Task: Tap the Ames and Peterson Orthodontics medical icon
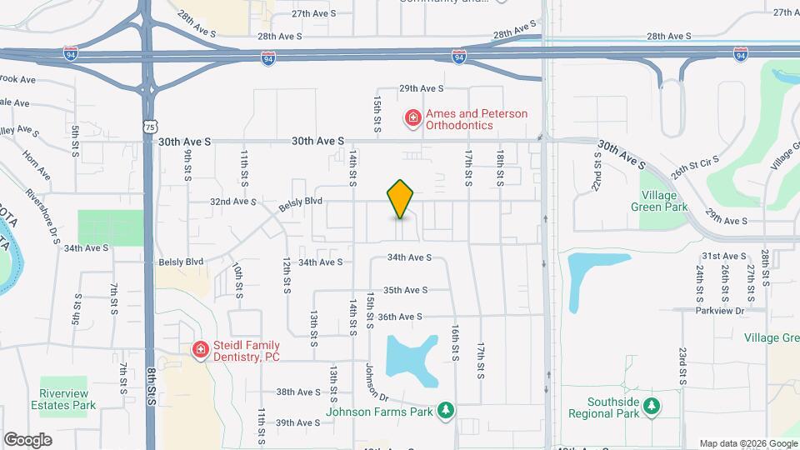click(x=412, y=119)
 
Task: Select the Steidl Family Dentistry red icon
click(x=199, y=350)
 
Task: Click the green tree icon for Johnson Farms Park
click(x=447, y=410)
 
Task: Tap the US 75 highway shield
click(x=149, y=126)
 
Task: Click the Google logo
click(x=27, y=440)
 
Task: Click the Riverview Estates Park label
click(x=67, y=399)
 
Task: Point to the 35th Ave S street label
click(x=405, y=290)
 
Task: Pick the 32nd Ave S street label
click(x=232, y=202)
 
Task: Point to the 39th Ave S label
click(x=298, y=422)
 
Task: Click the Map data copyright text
click(x=746, y=443)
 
